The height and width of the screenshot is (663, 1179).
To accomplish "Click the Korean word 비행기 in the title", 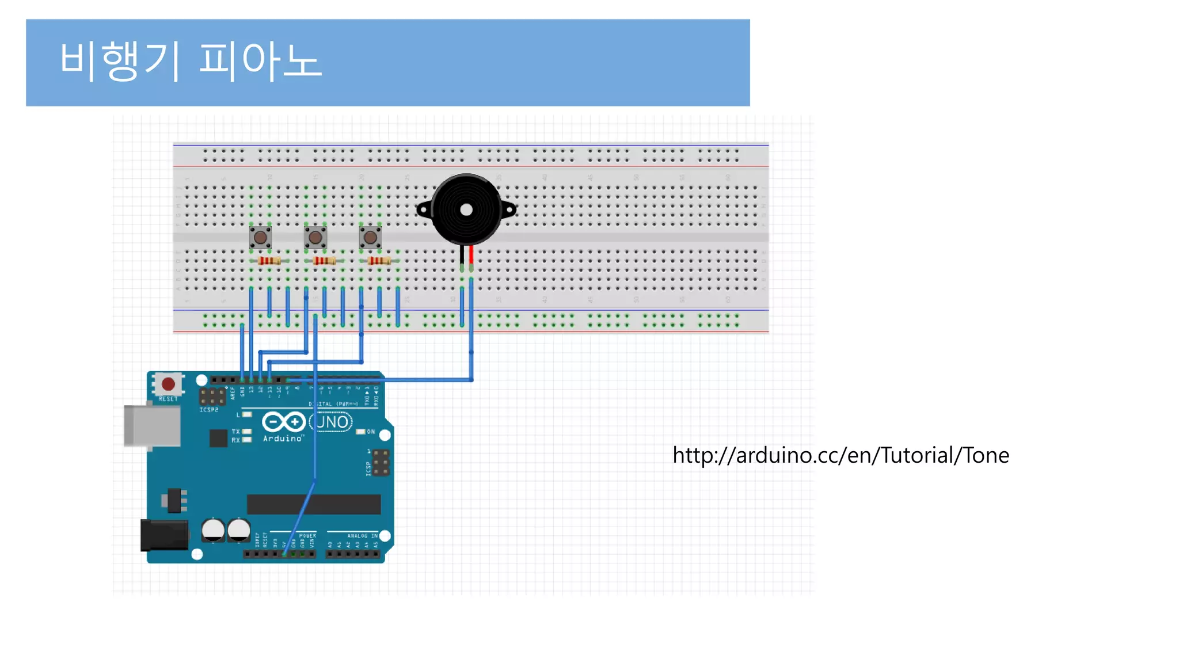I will tap(120, 60).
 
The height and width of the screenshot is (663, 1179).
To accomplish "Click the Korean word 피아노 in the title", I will tap(260, 60).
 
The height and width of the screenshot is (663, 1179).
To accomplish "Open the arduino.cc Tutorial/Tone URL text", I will tap(840, 455).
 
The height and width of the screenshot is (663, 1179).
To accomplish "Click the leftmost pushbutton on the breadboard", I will tap(260, 237).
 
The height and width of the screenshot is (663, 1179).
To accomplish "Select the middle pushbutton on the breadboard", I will tap(315, 237).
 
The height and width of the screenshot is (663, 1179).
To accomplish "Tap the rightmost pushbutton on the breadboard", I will tap(370, 237).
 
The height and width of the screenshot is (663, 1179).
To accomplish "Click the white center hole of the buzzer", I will tap(466, 210).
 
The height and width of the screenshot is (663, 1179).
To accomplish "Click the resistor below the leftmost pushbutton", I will tap(269, 261).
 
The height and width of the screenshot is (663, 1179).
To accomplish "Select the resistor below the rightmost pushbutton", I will tap(379, 261).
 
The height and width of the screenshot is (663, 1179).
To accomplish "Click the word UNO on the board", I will tap(332, 422).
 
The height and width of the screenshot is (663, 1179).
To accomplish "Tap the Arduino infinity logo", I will tap(283, 422).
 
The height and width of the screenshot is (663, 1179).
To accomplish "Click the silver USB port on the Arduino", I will tap(152, 426).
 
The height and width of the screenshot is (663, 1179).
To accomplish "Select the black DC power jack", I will tap(165, 535).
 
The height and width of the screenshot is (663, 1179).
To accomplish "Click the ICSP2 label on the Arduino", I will tap(209, 410).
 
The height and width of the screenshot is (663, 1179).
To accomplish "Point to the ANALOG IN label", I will tap(362, 536).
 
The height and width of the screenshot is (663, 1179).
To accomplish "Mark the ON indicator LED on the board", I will tap(361, 432).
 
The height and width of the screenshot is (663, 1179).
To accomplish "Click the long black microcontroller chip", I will tap(314, 504).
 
